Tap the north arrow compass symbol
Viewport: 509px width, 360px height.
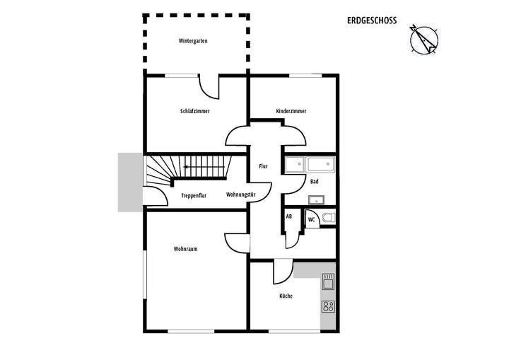pos(425,40)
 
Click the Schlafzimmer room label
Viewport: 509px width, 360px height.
pos(194,111)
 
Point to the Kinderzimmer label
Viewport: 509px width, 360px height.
pos(291,111)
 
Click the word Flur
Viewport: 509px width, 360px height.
pos(263,166)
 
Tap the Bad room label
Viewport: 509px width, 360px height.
pos(314,182)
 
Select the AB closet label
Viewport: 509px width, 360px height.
pos(288,217)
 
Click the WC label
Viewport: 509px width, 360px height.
pos(311,219)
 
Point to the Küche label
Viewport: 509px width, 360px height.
pos(286,296)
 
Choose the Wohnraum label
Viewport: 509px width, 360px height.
pos(185,249)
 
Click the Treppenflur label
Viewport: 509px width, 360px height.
pos(193,195)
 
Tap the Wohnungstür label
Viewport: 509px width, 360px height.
pos(240,194)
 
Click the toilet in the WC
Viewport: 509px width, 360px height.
pos(328,218)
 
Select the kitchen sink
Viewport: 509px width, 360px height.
pos(328,284)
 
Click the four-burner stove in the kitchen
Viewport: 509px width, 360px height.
pos(328,306)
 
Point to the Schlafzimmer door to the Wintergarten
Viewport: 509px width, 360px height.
pos(210,87)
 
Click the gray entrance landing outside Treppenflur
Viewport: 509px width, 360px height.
pos(131,182)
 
